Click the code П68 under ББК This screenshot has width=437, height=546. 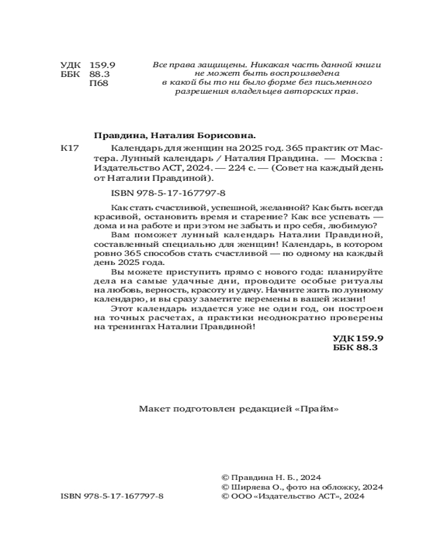[x=99, y=84]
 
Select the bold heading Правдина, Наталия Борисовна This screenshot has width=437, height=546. [x=175, y=136]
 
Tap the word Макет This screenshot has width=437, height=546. [x=154, y=408]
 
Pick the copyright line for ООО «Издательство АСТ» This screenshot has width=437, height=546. [x=291, y=496]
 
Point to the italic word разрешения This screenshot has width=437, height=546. [x=199, y=92]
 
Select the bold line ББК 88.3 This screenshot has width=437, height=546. [x=355, y=347]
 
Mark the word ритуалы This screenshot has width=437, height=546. [x=364, y=281]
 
